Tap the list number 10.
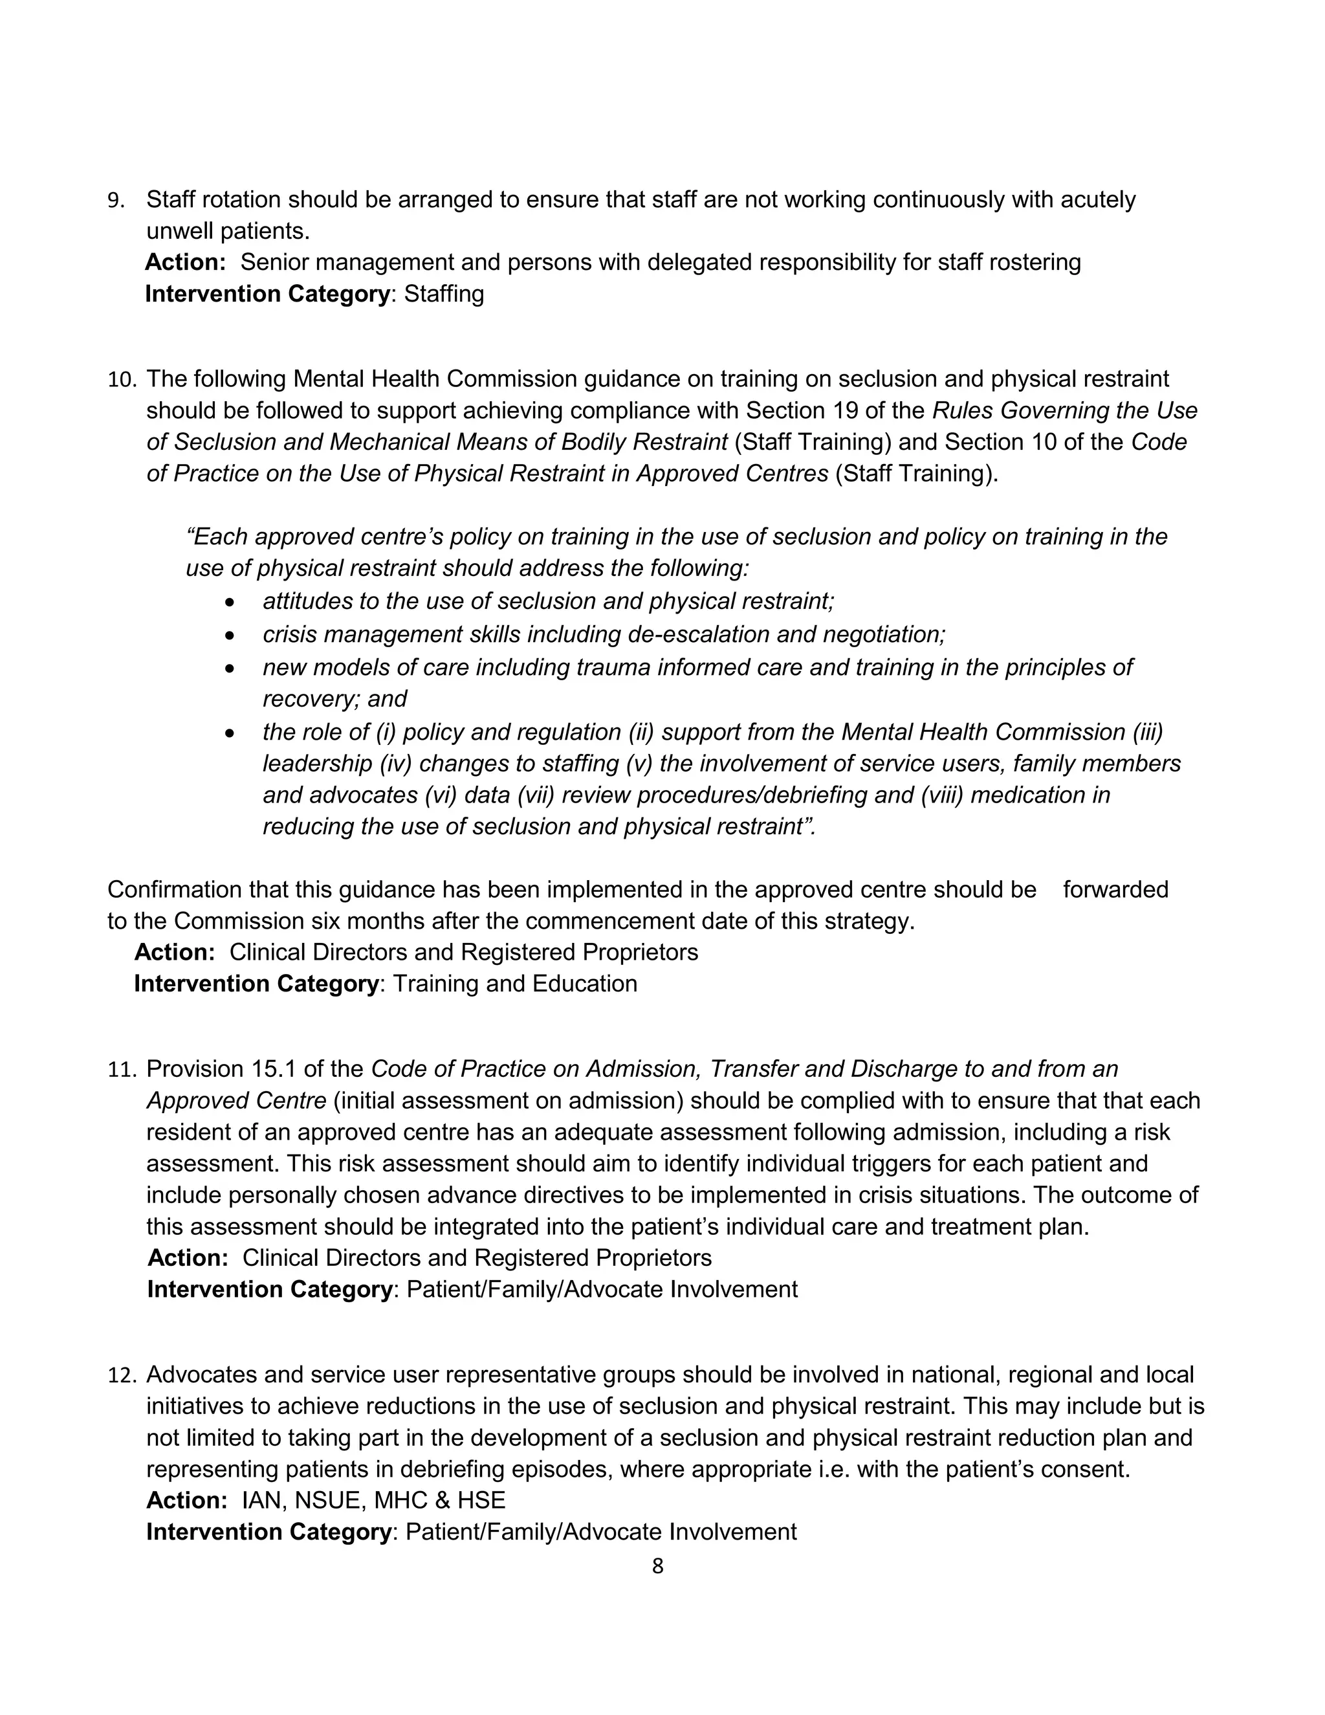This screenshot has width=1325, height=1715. (x=121, y=380)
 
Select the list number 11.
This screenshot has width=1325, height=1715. (x=121, y=1070)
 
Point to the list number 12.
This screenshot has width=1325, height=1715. (x=121, y=1376)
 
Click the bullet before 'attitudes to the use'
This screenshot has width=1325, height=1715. (x=229, y=603)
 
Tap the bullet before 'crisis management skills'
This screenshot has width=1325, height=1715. (x=229, y=636)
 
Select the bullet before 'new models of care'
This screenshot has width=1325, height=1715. (x=229, y=669)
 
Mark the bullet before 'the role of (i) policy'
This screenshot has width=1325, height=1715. (x=229, y=733)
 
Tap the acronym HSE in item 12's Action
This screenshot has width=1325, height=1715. (x=481, y=1501)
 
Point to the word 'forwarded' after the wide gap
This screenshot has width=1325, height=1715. (x=1115, y=890)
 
